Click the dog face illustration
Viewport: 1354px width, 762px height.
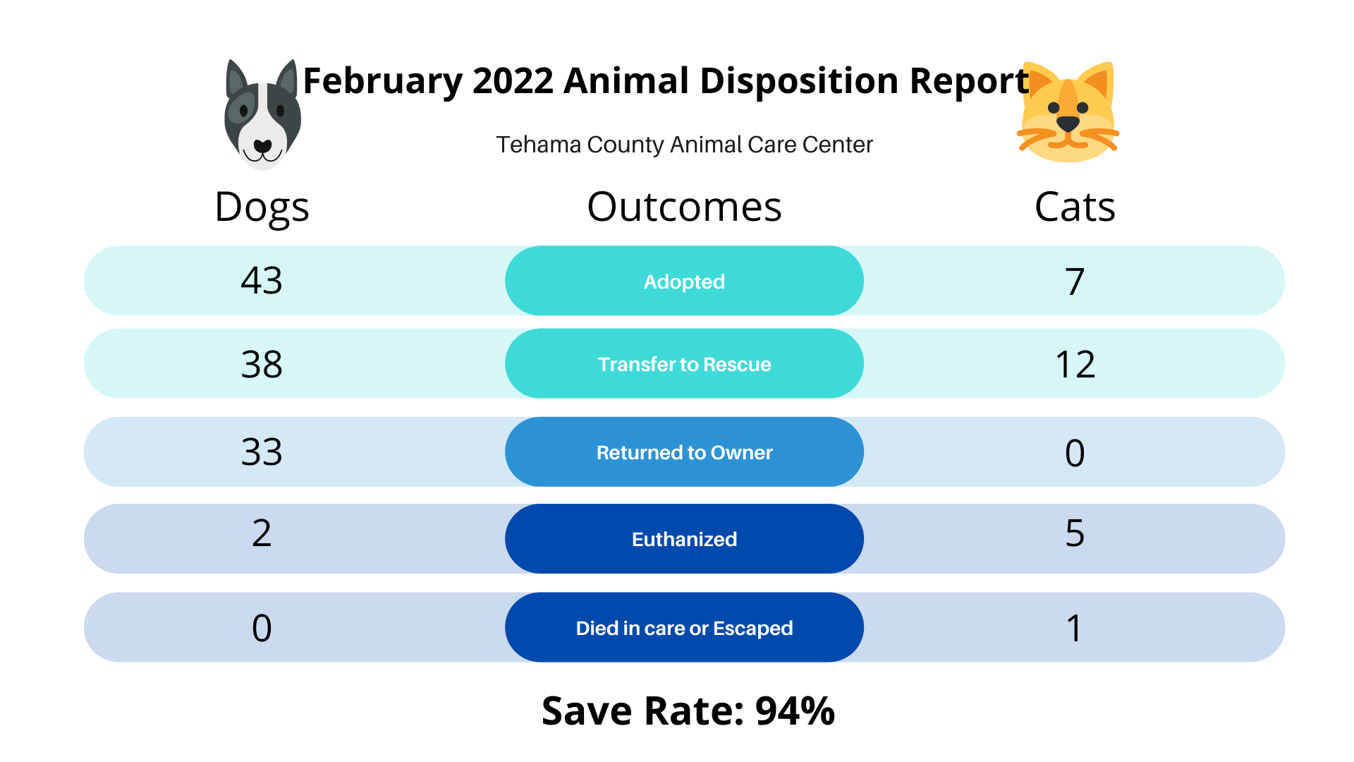262,115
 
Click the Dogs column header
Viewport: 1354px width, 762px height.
262,207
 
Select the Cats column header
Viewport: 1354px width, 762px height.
1075,207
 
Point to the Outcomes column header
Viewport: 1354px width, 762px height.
684,207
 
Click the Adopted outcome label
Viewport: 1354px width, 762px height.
684,282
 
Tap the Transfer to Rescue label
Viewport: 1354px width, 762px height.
684,364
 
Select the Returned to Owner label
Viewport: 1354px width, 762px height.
684,452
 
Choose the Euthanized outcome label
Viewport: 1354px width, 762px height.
684,539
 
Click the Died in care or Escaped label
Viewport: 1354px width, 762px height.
684,628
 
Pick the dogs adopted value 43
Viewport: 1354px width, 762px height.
262,281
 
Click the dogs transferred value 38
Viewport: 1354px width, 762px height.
262,365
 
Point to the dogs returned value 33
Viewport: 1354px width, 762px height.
262,452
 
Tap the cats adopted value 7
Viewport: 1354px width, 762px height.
1075,282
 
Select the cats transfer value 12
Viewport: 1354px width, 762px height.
1075,365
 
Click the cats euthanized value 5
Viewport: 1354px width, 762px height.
1075,533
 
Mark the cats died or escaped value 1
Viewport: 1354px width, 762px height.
1074,628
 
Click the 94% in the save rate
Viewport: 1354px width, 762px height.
795,710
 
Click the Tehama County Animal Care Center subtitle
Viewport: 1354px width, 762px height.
684,145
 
